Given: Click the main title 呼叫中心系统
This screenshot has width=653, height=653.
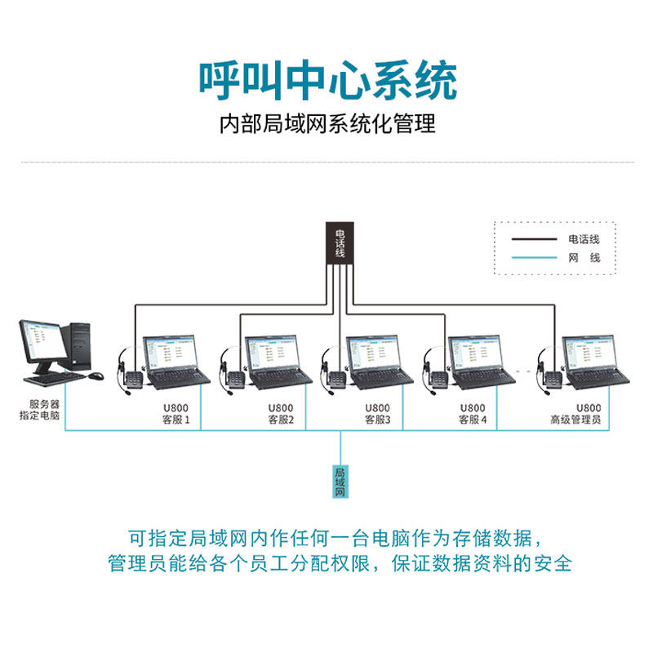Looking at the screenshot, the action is pos(327,80).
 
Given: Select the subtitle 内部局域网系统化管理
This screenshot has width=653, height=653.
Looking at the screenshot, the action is pos(327,125).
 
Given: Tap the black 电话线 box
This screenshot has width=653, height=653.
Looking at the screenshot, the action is pos(340,242).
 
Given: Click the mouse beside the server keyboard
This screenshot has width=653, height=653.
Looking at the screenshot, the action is pos(96,375).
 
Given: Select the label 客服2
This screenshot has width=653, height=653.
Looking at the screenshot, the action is pos(281,421).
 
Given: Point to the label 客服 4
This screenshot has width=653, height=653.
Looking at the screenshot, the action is pos(473,421).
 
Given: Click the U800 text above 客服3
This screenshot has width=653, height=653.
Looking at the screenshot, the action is pos(377,408).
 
